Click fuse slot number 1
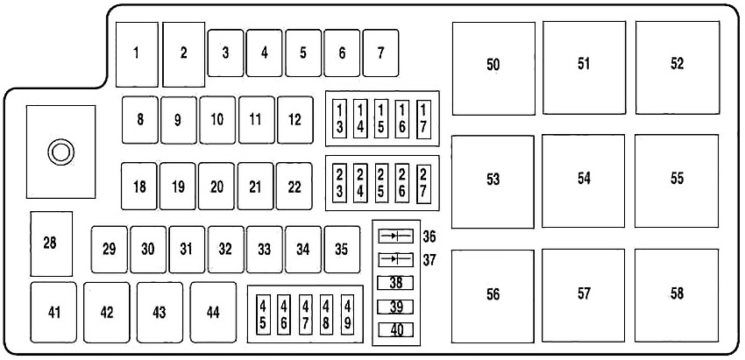click(x=137, y=54)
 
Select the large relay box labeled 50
click(x=493, y=68)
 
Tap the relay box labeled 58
click(x=677, y=295)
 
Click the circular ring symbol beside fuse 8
click(x=60, y=152)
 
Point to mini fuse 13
click(x=340, y=119)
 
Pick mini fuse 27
click(x=423, y=184)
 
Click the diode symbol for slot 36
click(x=396, y=236)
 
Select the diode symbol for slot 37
click(x=396, y=259)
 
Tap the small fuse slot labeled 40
click(x=396, y=329)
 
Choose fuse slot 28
click(x=52, y=244)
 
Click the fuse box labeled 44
click(x=213, y=313)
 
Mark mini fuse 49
click(x=347, y=314)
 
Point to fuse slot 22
click(x=294, y=187)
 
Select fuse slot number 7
click(x=380, y=53)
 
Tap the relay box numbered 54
click(x=584, y=181)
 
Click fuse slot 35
click(x=342, y=250)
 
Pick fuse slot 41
click(x=53, y=313)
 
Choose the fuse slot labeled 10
click(x=217, y=120)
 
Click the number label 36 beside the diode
click(x=429, y=236)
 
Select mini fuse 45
click(x=263, y=314)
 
